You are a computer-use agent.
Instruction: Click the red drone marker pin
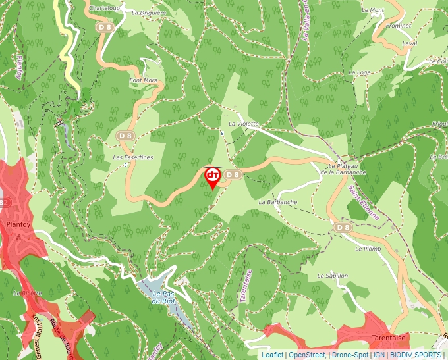coord(213,176)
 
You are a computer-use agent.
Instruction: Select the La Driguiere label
coord(149,13)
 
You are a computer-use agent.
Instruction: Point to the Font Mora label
coord(144,80)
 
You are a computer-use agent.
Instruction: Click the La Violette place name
coord(244,124)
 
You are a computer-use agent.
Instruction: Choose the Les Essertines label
coord(132,157)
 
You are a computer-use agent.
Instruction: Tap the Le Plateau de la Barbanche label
coord(343,168)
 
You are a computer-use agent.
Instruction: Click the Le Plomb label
coord(368,249)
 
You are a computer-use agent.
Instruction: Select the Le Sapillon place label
coord(331,275)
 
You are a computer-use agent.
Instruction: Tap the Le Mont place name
coord(373,10)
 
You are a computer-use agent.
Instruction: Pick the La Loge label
coord(360,72)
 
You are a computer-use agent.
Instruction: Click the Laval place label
coord(409,43)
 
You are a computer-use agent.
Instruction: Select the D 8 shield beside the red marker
coord(233,174)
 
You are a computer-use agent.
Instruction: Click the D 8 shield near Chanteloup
coord(105,27)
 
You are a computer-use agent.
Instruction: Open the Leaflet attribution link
coord(273,355)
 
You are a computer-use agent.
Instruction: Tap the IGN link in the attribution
coord(379,355)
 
